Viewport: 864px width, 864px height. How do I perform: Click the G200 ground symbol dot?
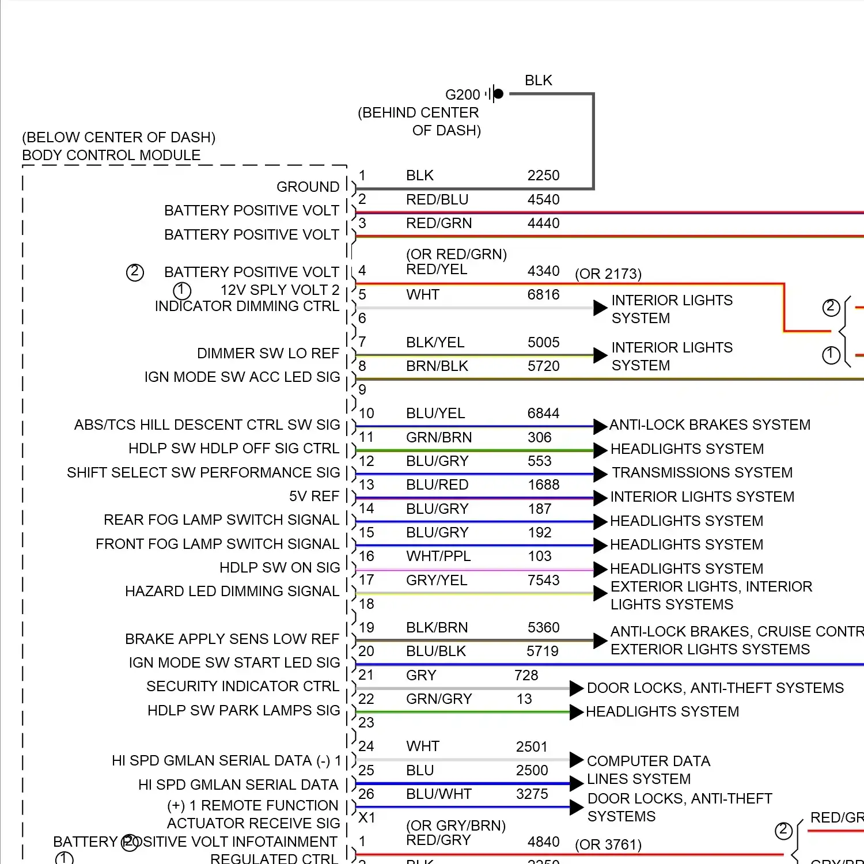pyautogui.click(x=499, y=93)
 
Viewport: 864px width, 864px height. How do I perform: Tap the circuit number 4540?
pyautogui.click(x=543, y=199)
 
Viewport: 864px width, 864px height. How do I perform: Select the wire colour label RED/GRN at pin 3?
pyautogui.click(x=439, y=223)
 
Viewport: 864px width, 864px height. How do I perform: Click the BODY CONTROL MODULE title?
pyautogui.click(x=111, y=155)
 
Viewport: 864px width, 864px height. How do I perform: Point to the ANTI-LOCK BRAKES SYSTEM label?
pyautogui.click(x=710, y=425)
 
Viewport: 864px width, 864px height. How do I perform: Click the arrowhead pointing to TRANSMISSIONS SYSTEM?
pyautogui.click(x=600, y=474)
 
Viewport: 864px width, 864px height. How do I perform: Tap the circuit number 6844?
pyautogui.click(x=543, y=413)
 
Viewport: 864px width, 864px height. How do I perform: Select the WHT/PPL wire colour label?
pyautogui.click(x=438, y=556)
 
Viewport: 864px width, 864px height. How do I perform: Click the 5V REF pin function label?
pyautogui.click(x=314, y=496)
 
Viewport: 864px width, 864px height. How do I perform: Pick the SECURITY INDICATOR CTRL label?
pyautogui.click(x=242, y=686)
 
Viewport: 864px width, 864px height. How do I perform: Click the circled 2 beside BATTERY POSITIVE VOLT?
pyautogui.click(x=135, y=272)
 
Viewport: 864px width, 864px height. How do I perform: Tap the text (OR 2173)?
pyautogui.click(x=608, y=274)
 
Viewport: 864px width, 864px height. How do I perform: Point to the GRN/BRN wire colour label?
pyautogui.click(x=439, y=437)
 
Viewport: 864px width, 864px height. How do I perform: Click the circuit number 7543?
pyautogui.click(x=543, y=580)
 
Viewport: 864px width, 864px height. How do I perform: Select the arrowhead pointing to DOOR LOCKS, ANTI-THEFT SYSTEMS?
pyautogui.click(x=577, y=688)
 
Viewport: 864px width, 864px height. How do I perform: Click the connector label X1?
pyautogui.click(x=367, y=817)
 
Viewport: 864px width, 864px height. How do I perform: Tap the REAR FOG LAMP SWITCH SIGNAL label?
pyautogui.click(x=221, y=520)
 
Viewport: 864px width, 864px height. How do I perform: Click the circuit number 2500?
pyautogui.click(x=532, y=770)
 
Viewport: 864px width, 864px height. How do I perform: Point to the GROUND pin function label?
pyautogui.click(x=308, y=187)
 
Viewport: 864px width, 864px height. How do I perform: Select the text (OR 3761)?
pyautogui.click(x=608, y=844)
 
